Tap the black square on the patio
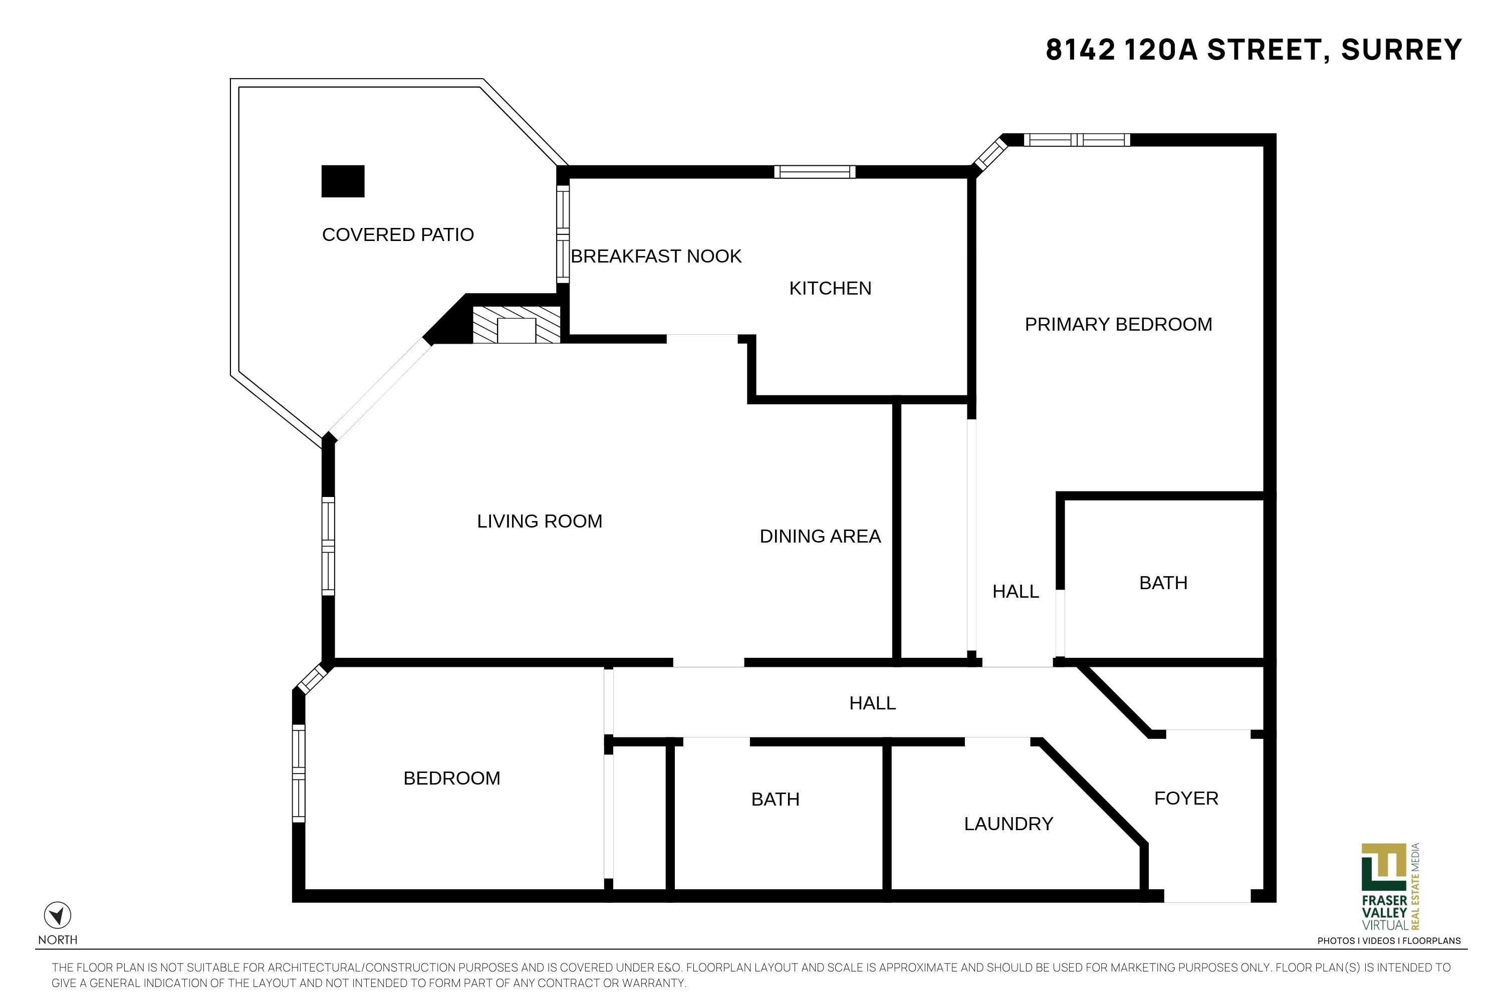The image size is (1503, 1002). tap(343, 181)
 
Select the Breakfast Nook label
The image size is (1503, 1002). tap(656, 256)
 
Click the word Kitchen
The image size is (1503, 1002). tap(830, 288)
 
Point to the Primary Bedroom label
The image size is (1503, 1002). tap(1118, 325)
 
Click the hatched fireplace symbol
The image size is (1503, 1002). tap(517, 325)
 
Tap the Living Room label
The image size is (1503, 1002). tap(540, 522)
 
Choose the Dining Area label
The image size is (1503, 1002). tap(820, 536)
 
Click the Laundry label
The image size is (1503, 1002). tap(1009, 824)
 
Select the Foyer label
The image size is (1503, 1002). tap(1186, 798)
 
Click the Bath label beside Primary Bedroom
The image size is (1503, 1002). tap(1163, 583)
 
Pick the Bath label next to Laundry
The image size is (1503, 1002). tap(775, 800)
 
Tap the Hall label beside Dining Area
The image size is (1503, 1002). tap(1016, 592)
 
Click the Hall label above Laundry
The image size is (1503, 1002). tap(872, 703)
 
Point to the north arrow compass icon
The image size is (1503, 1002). tap(58, 915)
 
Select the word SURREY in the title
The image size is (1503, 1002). tap(1401, 50)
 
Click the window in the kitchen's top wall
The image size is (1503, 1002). tap(815, 171)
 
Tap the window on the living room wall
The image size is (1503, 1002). tap(328, 547)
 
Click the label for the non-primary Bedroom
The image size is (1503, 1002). tap(452, 779)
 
